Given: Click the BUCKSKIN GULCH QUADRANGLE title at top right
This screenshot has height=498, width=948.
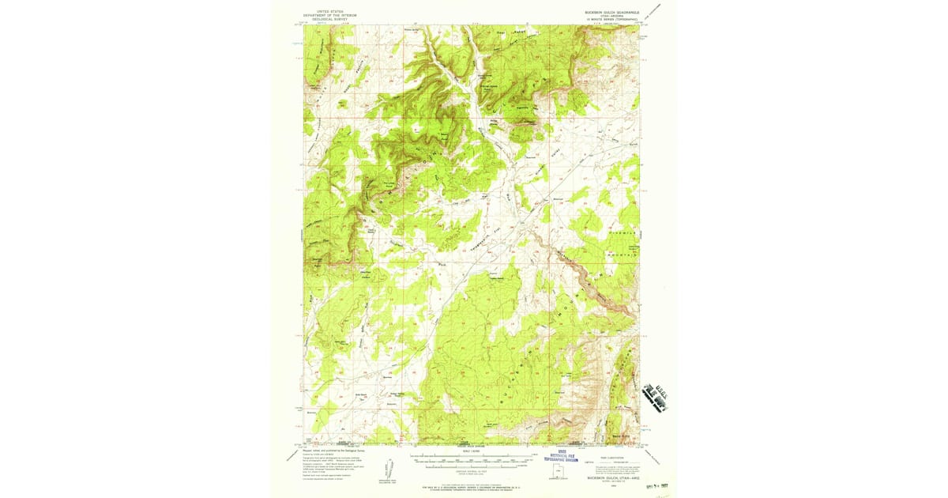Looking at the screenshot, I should click(x=605, y=12).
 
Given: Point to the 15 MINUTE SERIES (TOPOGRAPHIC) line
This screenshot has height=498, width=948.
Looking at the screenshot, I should click(x=605, y=19).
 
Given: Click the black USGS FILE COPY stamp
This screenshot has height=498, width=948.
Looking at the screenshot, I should click(x=656, y=393).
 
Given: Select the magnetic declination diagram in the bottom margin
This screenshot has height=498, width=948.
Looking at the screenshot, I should click(x=393, y=468).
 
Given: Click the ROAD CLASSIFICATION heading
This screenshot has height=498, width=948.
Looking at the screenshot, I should click(x=605, y=457).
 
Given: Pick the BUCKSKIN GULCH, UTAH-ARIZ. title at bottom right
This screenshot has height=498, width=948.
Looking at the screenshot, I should click(x=605, y=477).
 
